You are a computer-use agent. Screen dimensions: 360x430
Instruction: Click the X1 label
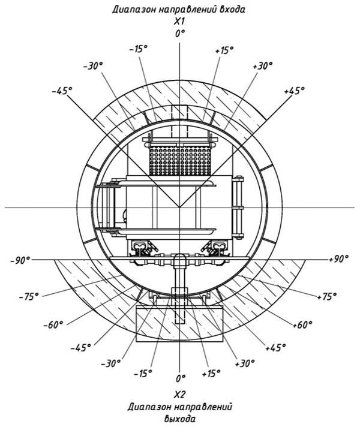click(180, 22)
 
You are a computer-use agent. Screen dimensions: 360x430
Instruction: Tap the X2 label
click(180, 395)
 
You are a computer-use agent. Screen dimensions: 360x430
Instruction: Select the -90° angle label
click(20, 260)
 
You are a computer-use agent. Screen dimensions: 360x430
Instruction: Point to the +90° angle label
click(339, 258)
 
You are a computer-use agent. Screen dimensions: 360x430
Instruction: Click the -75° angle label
click(29, 296)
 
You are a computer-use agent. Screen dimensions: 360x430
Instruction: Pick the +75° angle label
click(326, 296)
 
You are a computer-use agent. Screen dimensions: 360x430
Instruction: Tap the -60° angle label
click(53, 325)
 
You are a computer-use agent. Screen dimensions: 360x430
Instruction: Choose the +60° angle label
click(302, 325)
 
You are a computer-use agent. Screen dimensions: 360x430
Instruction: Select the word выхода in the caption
click(180, 419)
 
